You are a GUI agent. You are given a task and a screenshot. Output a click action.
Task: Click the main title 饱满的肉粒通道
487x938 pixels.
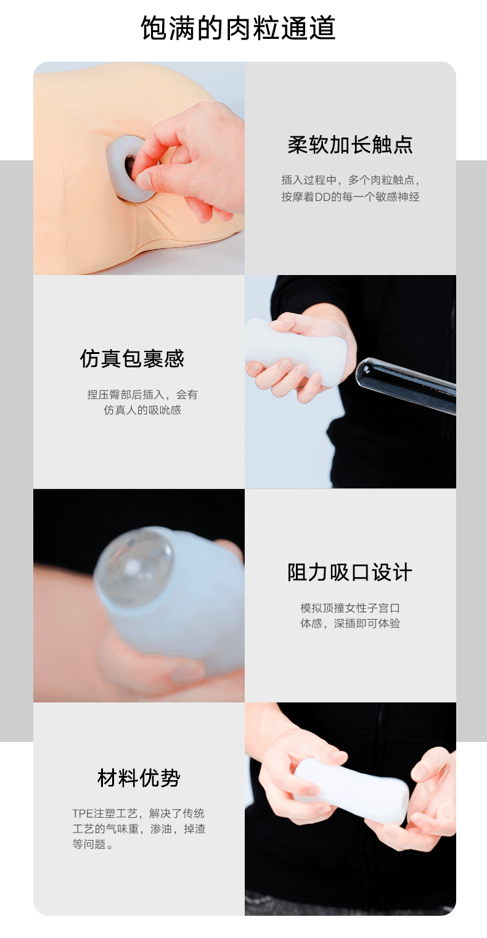tap(238, 28)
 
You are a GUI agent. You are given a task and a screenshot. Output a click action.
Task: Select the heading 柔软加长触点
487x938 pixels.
tap(350, 145)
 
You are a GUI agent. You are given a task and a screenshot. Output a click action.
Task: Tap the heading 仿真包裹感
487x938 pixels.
tap(132, 359)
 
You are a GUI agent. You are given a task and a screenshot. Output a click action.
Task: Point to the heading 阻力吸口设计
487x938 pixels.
tap(350, 572)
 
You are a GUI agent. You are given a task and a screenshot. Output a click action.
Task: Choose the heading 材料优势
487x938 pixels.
tap(139, 778)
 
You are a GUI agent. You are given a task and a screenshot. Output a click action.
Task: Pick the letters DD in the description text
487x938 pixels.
tap(322, 197)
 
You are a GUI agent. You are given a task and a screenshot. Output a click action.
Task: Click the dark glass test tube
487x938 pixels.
tap(406, 385)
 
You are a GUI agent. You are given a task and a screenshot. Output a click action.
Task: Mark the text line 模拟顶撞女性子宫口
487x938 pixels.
tap(350, 607)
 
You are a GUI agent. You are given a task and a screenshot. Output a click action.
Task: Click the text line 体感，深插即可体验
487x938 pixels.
tap(350, 623)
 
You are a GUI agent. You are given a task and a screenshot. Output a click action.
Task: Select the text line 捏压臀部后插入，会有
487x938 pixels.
tap(142, 395)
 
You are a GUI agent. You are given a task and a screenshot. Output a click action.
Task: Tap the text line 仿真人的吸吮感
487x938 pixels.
tap(142, 410)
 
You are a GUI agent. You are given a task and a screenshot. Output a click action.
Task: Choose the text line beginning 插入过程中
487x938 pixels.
tap(350, 180)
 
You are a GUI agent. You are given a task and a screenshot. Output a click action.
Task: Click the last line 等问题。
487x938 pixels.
tap(92, 845)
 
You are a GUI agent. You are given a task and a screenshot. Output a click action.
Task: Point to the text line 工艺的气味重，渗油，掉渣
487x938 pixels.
tap(139, 829)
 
